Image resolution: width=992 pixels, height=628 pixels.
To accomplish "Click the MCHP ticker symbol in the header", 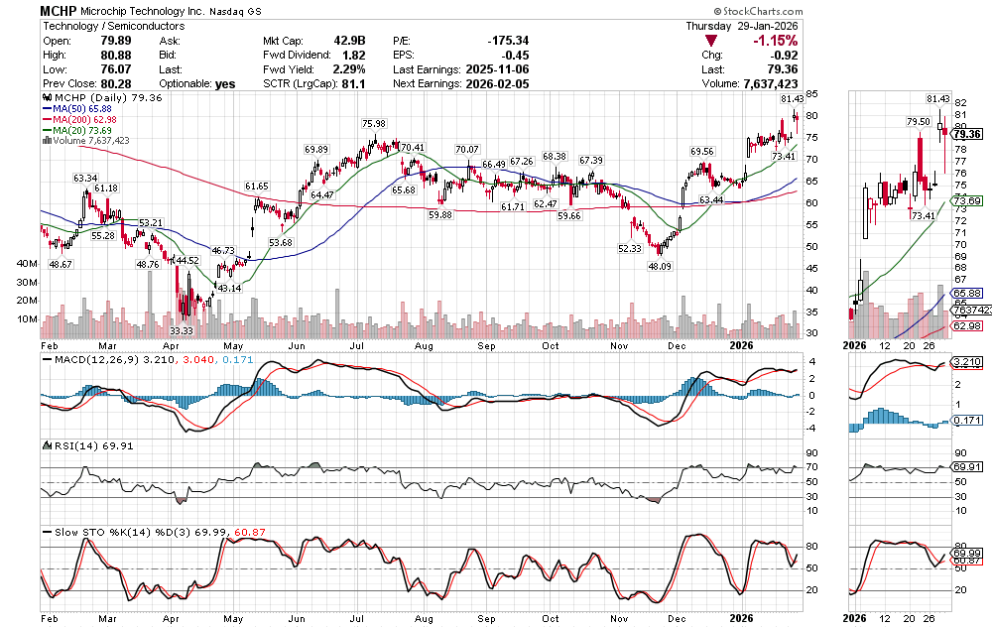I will [61, 10].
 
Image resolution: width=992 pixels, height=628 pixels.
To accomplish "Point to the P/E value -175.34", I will [510, 40].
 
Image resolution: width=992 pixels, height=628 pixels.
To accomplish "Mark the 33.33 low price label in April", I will [181, 330].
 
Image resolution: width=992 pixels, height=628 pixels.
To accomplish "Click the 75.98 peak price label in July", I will [374, 124].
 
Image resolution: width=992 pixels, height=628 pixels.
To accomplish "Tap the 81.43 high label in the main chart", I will [792, 99].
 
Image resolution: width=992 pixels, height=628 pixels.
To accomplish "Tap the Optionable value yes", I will [225, 84].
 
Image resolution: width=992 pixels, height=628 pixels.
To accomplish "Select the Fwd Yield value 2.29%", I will [349, 69].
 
